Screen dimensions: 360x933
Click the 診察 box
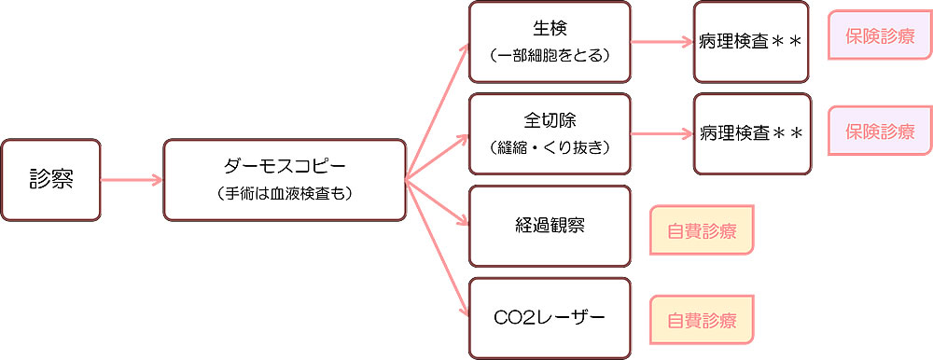click(50, 180)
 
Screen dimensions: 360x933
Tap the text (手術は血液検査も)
click(285, 194)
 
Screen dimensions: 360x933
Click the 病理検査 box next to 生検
click(752, 42)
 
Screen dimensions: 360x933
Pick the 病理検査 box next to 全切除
click(752, 132)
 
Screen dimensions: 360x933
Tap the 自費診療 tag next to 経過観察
click(701, 231)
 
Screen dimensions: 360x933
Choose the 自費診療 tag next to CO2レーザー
click(701, 321)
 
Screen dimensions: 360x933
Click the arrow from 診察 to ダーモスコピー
click(131, 180)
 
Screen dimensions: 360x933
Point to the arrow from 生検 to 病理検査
click(662, 42)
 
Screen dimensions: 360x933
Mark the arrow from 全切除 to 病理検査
click(662, 132)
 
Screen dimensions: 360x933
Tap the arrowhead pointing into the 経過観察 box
click(464, 222)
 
